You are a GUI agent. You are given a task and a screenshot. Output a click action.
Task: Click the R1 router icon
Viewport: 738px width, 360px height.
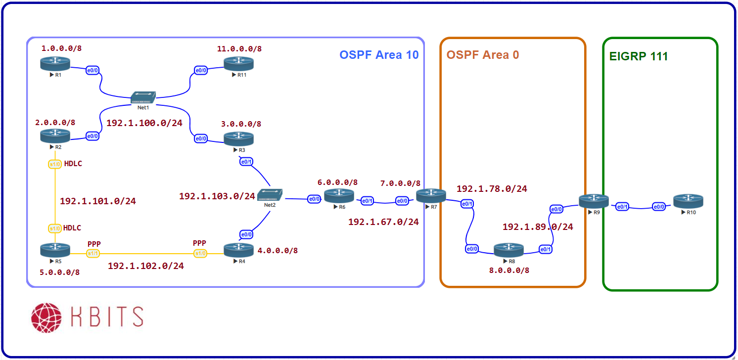point(55,63)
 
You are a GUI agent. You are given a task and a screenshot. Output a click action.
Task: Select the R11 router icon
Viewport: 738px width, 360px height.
point(238,63)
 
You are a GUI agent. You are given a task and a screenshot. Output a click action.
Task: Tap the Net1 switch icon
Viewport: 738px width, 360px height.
point(143,97)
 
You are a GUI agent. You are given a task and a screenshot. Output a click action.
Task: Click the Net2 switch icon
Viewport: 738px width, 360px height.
point(270,196)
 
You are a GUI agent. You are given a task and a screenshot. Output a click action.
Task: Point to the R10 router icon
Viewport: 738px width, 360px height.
point(688,201)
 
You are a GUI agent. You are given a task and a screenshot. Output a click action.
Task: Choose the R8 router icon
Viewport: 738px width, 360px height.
point(508,250)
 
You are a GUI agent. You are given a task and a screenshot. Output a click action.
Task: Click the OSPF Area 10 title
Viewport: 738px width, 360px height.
point(379,54)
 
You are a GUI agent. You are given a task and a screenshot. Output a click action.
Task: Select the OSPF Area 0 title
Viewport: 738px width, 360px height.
point(483,54)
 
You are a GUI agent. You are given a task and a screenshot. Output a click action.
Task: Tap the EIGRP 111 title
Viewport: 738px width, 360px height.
point(638,56)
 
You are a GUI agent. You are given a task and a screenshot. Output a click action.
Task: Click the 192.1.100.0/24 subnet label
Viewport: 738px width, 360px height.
point(144,123)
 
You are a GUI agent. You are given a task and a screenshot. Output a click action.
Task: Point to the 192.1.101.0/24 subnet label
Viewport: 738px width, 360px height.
point(97,201)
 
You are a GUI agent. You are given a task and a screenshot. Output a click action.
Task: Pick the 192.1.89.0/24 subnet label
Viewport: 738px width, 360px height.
point(538,227)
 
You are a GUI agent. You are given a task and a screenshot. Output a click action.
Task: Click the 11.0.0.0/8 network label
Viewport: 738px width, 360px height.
point(239,48)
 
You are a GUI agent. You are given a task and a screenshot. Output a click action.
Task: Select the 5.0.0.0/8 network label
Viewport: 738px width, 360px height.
point(59,272)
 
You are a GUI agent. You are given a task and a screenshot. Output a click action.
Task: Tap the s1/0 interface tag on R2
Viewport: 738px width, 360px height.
point(54,164)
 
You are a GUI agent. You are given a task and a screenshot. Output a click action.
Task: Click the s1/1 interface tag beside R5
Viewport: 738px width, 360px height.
point(93,254)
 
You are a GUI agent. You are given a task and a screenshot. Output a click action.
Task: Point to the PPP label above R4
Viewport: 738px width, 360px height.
point(199,243)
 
